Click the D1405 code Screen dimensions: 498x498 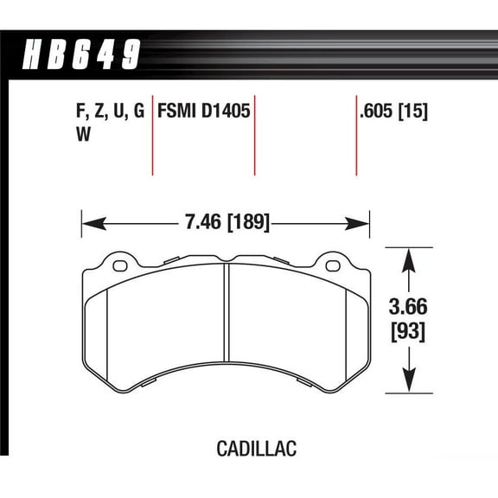pos(226,112)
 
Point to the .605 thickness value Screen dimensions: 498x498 pos(379,112)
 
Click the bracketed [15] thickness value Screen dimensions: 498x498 pos(416,112)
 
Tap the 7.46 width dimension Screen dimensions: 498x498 pos(201,223)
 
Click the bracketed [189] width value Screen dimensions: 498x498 pos(247,223)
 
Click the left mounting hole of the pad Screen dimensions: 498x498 pos(119,264)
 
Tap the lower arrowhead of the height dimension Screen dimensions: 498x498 pos(407,384)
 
